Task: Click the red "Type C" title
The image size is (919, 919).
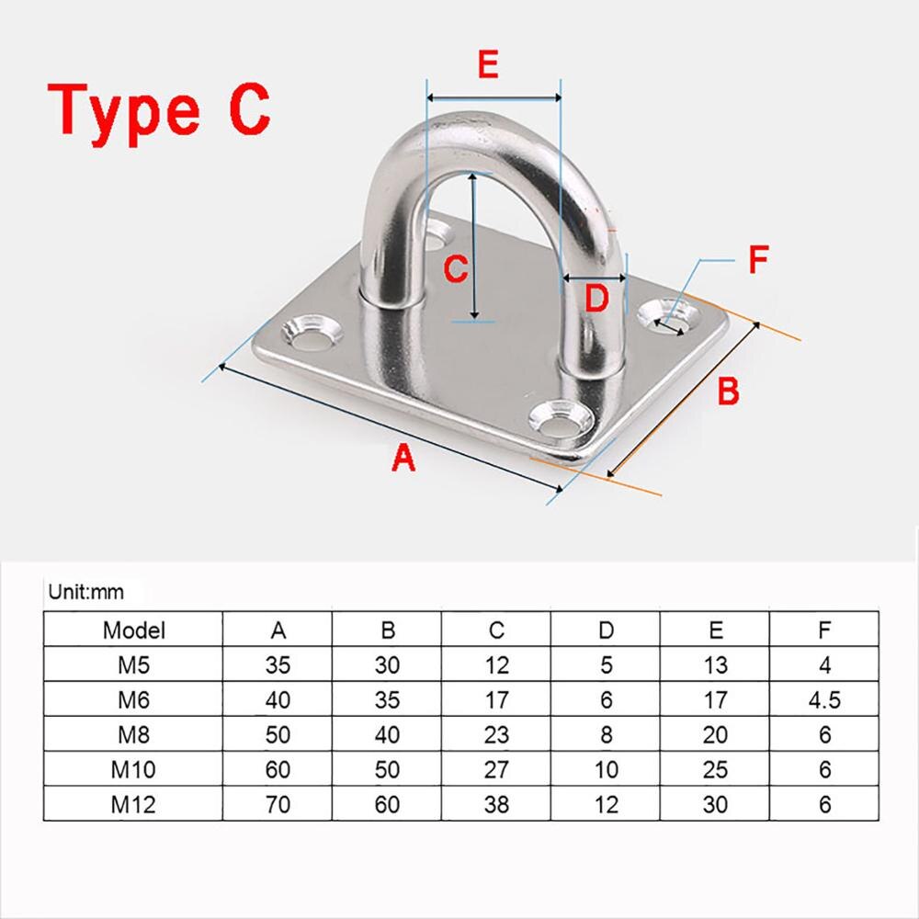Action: tap(159, 108)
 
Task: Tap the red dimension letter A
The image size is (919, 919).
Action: tap(403, 457)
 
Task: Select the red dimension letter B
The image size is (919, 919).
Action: tap(728, 391)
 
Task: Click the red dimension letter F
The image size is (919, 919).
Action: tap(757, 260)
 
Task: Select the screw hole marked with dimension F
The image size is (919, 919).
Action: tap(668, 315)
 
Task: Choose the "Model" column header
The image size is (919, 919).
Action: tap(134, 630)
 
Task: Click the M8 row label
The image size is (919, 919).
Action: tap(134, 734)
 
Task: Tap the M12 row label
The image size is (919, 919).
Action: tap(134, 805)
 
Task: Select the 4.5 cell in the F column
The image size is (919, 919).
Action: tap(824, 699)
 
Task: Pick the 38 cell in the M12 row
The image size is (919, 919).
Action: tap(496, 805)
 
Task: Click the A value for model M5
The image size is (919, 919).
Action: tap(278, 665)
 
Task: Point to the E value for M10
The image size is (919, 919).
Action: tap(715, 770)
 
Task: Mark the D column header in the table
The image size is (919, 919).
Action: tap(606, 630)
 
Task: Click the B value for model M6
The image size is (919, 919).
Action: tap(387, 699)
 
